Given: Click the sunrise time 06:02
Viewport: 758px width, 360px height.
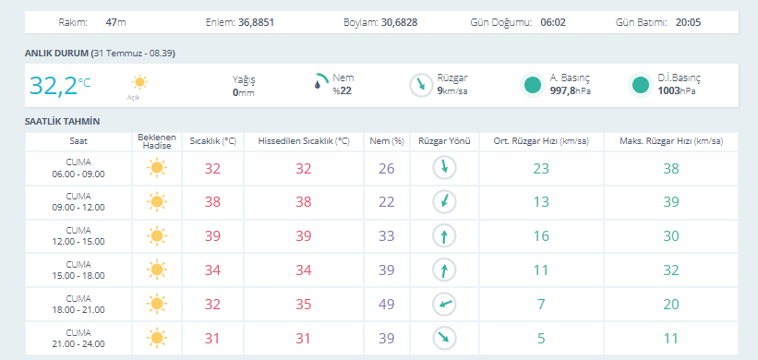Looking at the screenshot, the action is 553,22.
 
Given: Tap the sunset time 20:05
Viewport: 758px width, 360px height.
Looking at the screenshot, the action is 689,22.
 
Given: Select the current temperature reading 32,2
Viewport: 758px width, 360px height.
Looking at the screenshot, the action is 54,86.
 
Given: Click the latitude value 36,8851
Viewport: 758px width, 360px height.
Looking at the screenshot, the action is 257,22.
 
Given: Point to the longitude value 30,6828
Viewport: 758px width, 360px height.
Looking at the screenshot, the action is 399,22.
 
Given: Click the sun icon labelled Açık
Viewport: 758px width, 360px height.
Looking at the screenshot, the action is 139,82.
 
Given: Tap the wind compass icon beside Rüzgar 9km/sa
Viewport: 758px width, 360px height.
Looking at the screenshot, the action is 421,86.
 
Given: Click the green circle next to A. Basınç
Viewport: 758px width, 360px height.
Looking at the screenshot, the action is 533,85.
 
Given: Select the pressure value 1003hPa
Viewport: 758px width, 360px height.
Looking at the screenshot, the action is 677,90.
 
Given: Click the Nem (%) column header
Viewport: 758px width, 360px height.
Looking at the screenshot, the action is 386,141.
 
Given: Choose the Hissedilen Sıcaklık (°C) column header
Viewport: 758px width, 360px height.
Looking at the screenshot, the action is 304,141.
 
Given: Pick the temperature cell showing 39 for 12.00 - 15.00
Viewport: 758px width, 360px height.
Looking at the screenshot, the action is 212,236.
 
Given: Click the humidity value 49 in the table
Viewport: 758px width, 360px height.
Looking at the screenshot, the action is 386,305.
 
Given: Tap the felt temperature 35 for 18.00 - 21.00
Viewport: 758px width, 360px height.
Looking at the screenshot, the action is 304,305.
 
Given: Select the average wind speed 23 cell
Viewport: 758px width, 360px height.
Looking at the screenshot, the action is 541,169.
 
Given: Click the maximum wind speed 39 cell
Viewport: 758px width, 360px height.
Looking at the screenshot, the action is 671,202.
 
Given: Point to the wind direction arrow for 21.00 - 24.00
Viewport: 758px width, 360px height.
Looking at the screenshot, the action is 444,338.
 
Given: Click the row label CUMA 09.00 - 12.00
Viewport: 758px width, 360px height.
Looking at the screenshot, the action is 78,202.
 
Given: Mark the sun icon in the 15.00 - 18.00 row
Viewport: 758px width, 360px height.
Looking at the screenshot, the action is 156,270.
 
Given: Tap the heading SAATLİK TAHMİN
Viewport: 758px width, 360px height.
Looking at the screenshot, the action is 63,121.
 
